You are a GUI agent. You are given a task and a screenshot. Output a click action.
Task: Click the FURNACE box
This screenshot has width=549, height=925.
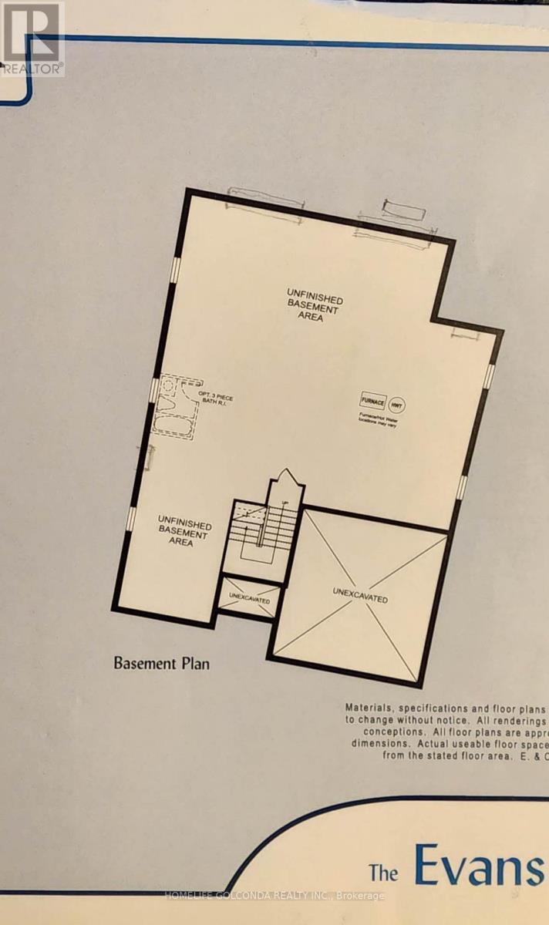[372, 402]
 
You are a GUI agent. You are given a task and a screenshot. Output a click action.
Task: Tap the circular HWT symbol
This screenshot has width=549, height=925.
[396, 403]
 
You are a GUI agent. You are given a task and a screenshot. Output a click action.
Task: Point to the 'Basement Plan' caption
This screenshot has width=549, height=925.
[162, 662]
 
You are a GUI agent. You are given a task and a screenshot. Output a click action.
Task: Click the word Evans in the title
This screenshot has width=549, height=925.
[478, 866]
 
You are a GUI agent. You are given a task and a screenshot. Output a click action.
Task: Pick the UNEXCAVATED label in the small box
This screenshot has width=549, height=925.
[248, 600]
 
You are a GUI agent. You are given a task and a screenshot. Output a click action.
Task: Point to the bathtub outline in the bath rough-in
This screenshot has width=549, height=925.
[174, 422]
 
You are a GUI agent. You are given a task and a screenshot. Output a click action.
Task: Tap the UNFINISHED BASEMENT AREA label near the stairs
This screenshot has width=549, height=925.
[183, 527]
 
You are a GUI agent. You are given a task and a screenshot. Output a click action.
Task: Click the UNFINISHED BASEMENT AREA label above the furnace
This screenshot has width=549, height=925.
[315, 304]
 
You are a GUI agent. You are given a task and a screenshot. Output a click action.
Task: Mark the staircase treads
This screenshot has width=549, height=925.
[263, 532]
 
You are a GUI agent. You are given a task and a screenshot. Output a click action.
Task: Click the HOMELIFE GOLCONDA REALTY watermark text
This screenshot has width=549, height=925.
[274, 896]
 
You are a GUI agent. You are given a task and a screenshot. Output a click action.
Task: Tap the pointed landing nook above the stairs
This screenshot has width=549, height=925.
[285, 482]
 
